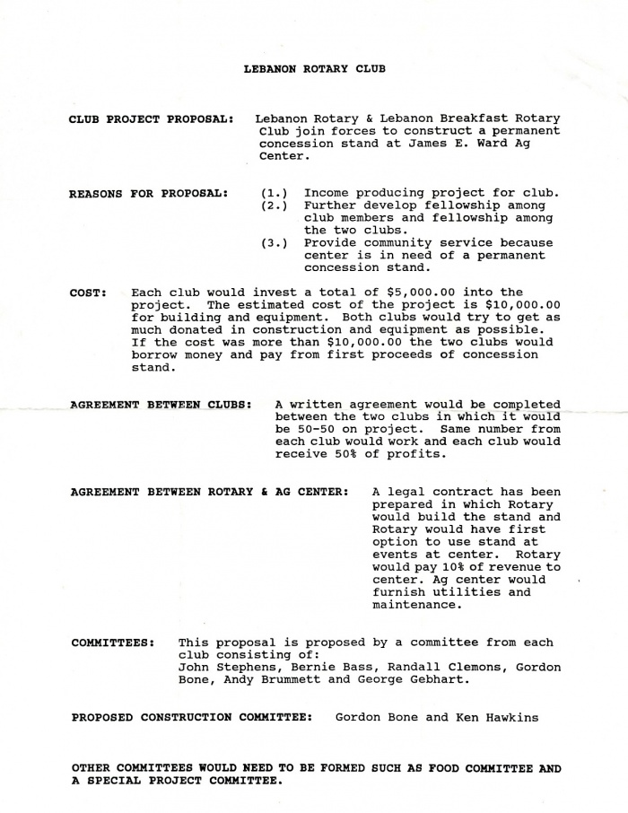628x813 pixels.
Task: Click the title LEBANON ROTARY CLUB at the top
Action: [x=314, y=69]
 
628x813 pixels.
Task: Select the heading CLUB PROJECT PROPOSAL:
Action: [x=153, y=119]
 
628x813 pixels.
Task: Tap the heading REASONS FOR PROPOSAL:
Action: [x=149, y=193]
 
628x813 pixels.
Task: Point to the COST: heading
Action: [x=89, y=293]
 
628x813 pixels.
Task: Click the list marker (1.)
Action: [x=275, y=193]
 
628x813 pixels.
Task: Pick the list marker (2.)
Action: [x=275, y=205]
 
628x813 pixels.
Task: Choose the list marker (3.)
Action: [x=275, y=243]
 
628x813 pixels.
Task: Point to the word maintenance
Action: [x=416, y=605]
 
